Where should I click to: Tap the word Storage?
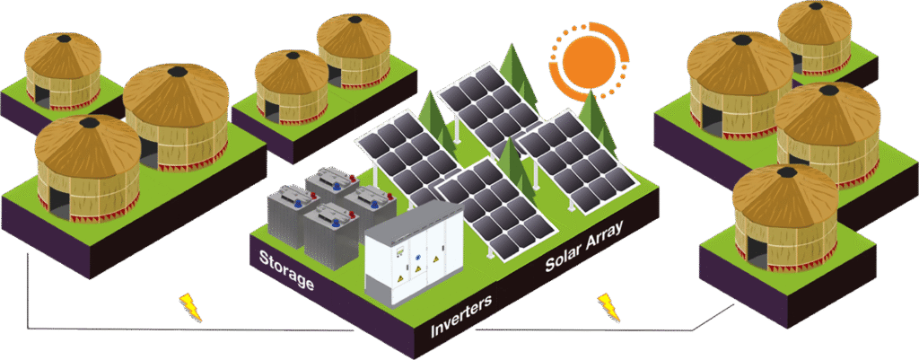[x=286, y=272]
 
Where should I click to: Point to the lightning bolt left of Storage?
[x=189, y=305]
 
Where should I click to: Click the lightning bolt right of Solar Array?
[x=609, y=305]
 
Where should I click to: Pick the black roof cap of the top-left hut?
[x=64, y=38]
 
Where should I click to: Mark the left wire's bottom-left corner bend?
[x=29, y=325]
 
